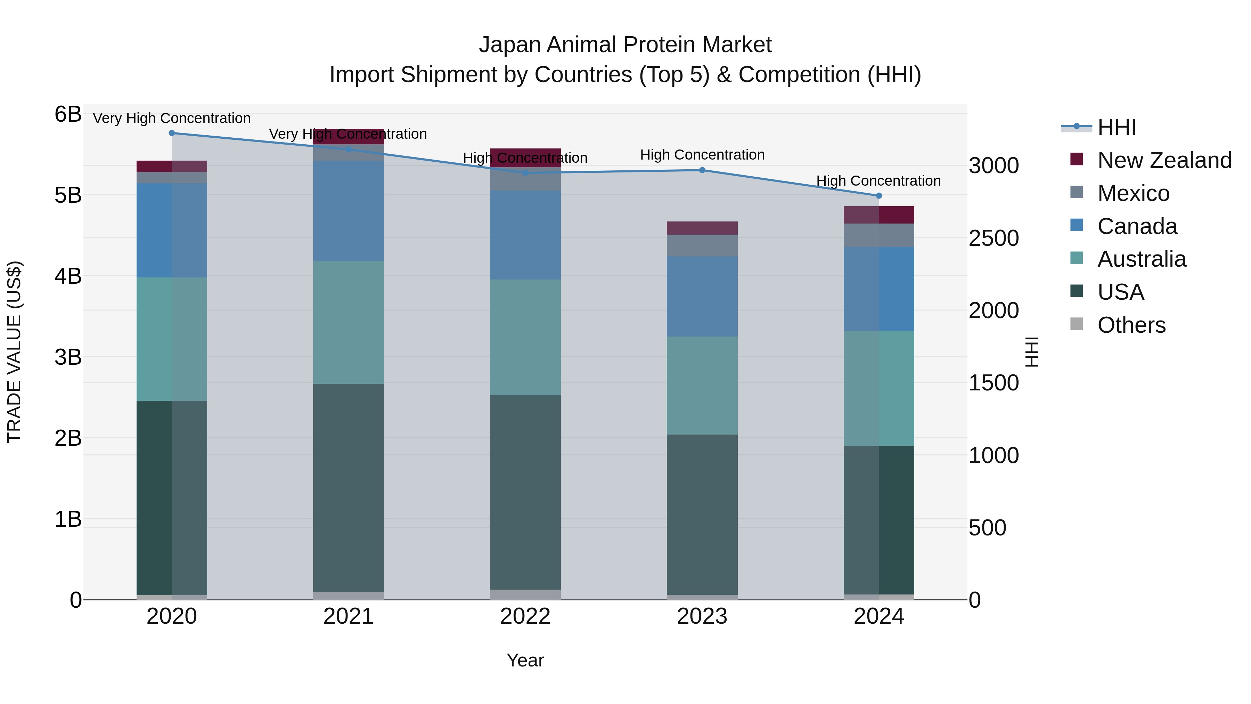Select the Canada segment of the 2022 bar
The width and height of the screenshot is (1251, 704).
(525, 235)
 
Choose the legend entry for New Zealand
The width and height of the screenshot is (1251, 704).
(1164, 160)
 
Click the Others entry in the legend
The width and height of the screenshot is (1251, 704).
(1131, 325)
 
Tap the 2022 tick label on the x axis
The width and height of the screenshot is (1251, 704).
(525, 616)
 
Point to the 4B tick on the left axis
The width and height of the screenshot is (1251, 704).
(68, 276)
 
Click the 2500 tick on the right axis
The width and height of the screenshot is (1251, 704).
(994, 238)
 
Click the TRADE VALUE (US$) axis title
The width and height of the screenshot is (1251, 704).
(15, 352)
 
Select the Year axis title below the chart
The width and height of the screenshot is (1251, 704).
(525, 660)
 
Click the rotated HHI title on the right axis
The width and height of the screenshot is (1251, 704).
(1031, 352)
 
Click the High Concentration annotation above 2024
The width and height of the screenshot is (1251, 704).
(878, 181)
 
